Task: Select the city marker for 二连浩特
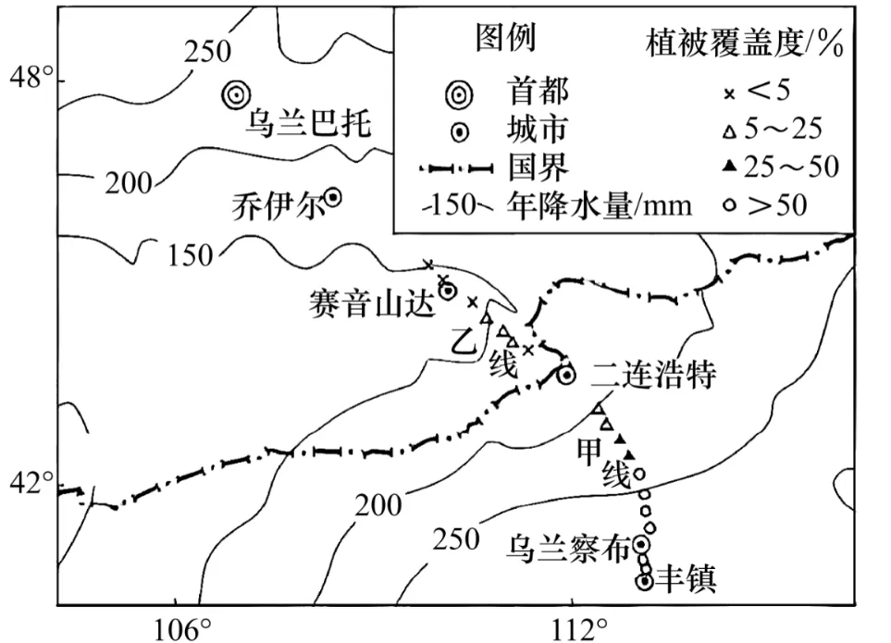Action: click(x=566, y=374)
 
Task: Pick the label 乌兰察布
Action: click(x=568, y=547)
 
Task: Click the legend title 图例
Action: click(x=505, y=38)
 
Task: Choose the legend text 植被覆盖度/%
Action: click(x=746, y=43)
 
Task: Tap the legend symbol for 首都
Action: click(x=459, y=92)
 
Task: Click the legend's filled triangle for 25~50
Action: click(x=728, y=167)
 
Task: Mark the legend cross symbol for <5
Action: click(x=728, y=92)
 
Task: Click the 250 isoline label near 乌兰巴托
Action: click(x=207, y=51)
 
